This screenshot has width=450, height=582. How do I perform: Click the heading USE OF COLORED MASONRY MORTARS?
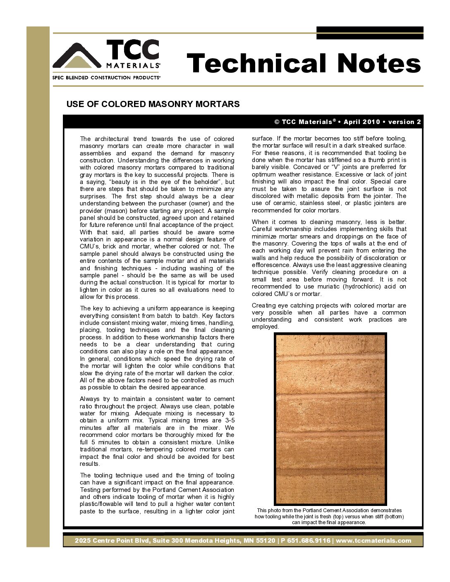[x=153, y=104]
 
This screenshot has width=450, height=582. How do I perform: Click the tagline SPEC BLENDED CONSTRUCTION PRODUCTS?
[x=106, y=78]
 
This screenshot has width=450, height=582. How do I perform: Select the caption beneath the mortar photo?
[x=329, y=516]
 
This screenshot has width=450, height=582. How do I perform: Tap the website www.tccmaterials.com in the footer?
[x=373, y=541]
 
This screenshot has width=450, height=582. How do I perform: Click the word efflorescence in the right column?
[x=273, y=265]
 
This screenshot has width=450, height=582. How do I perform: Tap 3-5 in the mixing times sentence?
[x=230, y=420]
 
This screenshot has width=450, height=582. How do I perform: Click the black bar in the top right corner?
[x=370, y=33]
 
